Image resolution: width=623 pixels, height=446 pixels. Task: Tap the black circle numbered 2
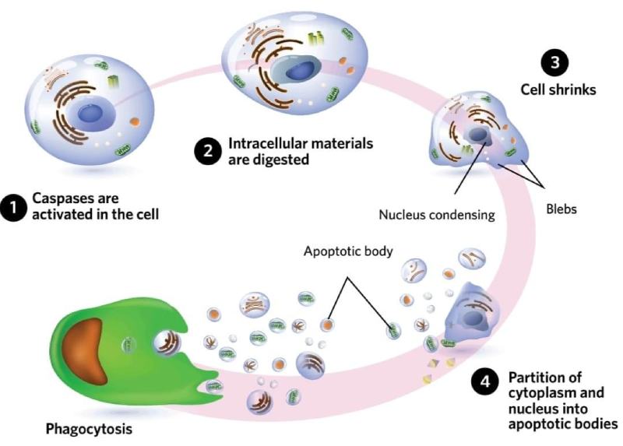[x=206, y=152]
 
